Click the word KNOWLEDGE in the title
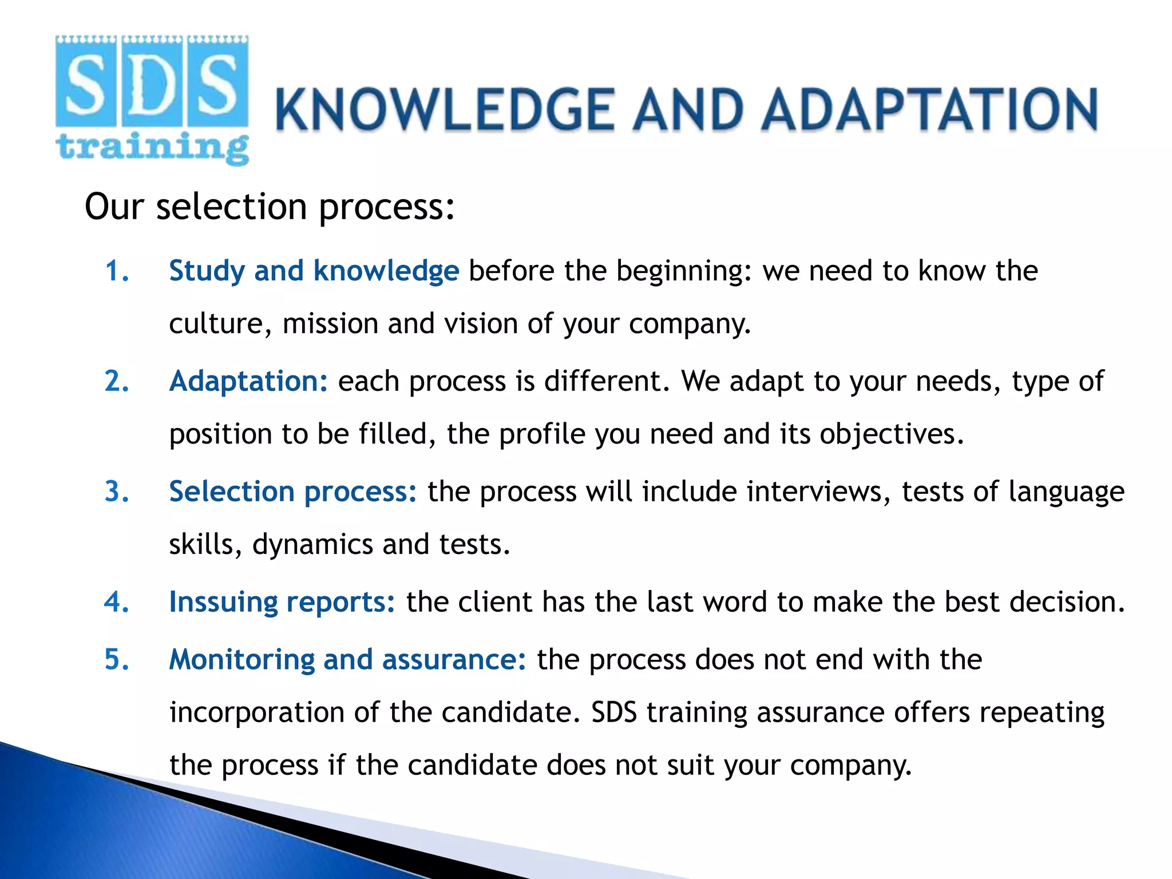tap(445, 110)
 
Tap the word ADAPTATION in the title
tap(929, 110)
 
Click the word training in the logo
tap(152, 148)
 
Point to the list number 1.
tap(117, 271)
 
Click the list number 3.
tap(117, 492)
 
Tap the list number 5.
tap(117, 659)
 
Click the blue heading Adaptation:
tap(248, 381)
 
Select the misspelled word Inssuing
tap(223, 602)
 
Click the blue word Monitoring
tap(241, 659)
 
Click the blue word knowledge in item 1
tap(386, 271)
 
